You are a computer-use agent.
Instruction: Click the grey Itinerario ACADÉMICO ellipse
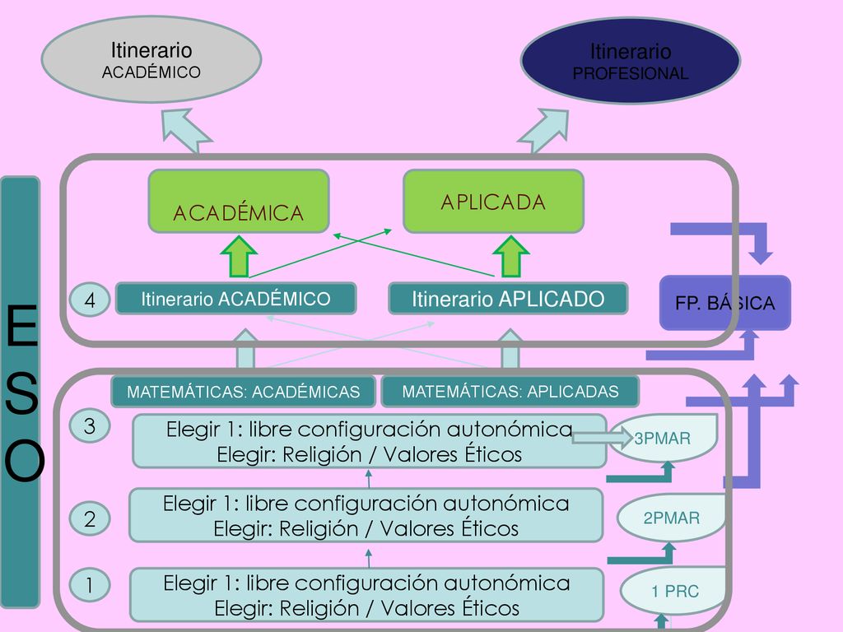(x=151, y=59)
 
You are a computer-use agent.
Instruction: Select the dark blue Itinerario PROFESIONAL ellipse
(x=630, y=61)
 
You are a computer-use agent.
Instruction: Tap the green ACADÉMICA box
(x=239, y=202)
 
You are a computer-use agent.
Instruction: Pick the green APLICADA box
(x=494, y=202)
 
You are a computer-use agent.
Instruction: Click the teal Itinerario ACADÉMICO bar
(x=236, y=299)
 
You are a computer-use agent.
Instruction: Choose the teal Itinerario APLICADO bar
(x=508, y=299)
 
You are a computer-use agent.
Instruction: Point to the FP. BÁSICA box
(x=724, y=303)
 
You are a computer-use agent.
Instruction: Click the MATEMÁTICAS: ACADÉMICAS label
(x=243, y=392)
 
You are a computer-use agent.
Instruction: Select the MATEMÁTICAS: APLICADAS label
(x=510, y=392)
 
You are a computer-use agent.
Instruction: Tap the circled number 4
(x=90, y=300)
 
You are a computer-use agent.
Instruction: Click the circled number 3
(x=90, y=426)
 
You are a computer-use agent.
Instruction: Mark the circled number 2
(x=90, y=518)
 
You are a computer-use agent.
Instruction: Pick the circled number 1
(x=90, y=585)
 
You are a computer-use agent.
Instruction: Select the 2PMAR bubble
(x=672, y=518)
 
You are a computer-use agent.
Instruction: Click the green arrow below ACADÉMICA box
(x=240, y=257)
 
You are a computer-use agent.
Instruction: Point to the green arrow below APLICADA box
(x=510, y=257)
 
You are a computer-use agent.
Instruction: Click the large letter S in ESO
(x=22, y=393)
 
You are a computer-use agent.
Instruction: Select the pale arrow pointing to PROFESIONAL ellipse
(x=544, y=131)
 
